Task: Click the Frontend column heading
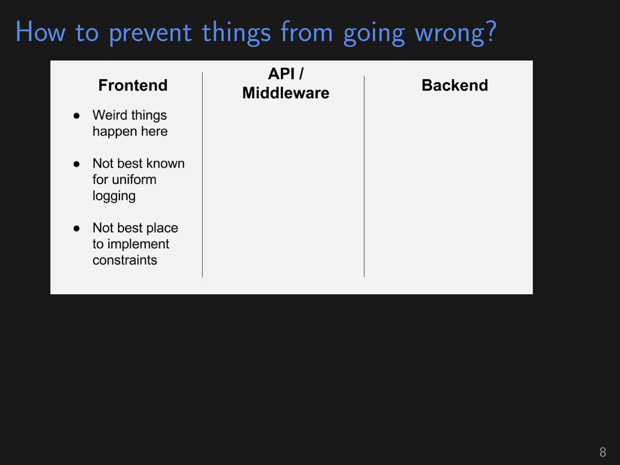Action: (x=133, y=85)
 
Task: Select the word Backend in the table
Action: (x=454, y=85)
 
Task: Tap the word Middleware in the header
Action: (x=285, y=93)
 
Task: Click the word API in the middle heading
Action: (x=281, y=74)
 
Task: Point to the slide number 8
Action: (x=602, y=452)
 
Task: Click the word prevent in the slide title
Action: (x=150, y=33)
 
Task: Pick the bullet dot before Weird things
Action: (x=77, y=116)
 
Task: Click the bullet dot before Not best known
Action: (x=77, y=164)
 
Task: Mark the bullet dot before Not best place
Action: (x=77, y=228)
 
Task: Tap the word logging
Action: (x=114, y=196)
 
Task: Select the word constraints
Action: (x=125, y=260)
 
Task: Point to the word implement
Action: (x=142, y=244)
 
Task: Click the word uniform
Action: (x=134, y=180)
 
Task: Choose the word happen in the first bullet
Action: (x=115, y=132)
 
